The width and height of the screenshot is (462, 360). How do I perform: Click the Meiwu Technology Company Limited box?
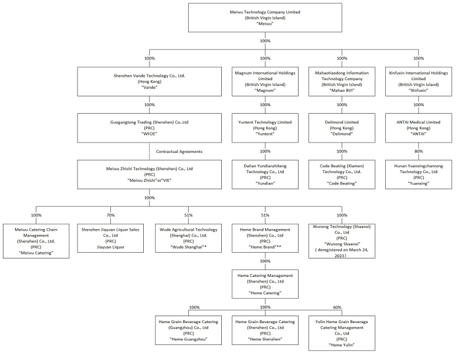[265, 18]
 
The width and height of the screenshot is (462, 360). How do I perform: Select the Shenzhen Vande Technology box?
[150, 81]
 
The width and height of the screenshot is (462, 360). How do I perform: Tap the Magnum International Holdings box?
[265, 81]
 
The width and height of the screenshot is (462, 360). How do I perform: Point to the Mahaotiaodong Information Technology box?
[342, 81]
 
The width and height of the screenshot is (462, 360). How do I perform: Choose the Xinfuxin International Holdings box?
[418, 81]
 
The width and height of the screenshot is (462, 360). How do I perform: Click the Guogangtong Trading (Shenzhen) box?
[150, 128]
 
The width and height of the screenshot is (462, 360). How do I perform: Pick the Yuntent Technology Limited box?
[265, 128]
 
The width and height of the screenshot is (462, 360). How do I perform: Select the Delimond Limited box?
[342, 128]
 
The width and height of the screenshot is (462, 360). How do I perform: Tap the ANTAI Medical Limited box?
[418, 128]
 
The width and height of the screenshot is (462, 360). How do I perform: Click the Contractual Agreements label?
[179, 152]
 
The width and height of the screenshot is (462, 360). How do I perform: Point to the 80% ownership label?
[418, 151]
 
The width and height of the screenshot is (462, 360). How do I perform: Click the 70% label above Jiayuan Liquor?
[110, 215]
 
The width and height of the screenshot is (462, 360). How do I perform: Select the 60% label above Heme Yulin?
[337, 307]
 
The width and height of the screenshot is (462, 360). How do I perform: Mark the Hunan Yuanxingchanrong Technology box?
[418, 175]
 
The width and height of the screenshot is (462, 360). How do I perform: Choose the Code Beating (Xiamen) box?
[342, 175]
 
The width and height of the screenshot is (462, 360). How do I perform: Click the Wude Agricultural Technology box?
[189, 238]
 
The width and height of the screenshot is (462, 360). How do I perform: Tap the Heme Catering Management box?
[265, 284]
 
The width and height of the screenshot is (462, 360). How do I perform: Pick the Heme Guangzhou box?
[189, 330]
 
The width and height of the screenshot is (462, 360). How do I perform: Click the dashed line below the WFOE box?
[150, 151]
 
